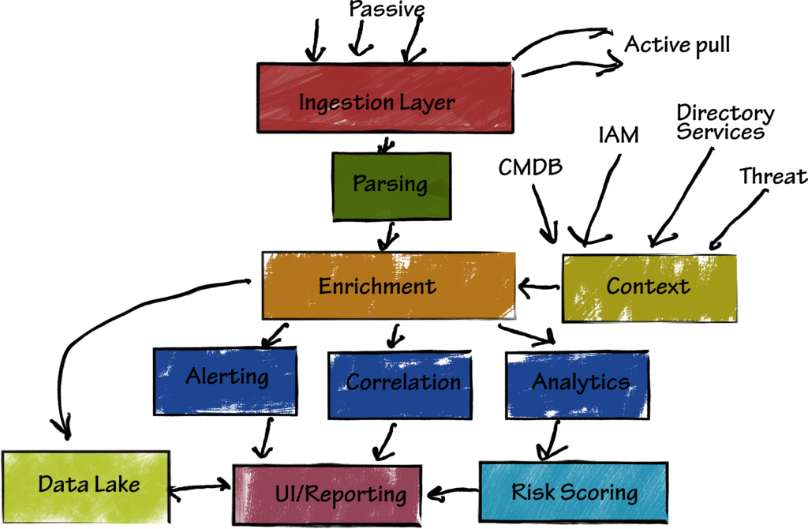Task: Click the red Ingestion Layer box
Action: (385, 98)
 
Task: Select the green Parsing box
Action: (390, 186)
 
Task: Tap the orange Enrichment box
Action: (388, 285)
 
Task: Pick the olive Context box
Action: (648, 287)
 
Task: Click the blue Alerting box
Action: (226, 379)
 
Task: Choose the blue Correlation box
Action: (403, 385)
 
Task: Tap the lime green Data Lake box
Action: (86, 485)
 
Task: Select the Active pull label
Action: (677, 44)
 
